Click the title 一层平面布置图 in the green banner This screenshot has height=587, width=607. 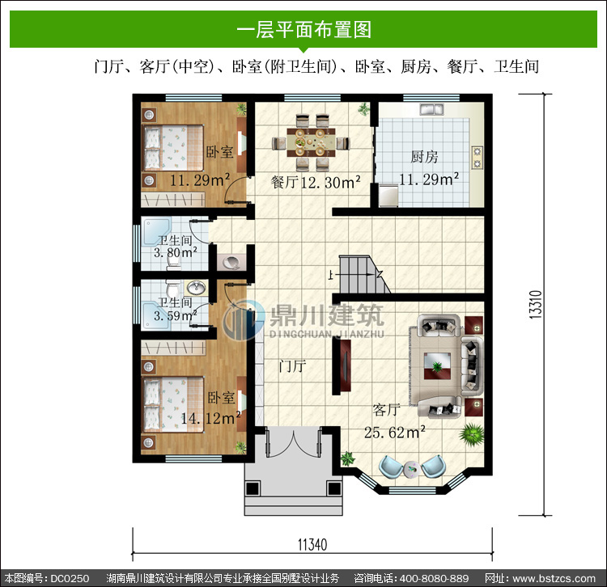(304, 30)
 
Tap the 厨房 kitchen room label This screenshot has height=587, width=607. (424, 157)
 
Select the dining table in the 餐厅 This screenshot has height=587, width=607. (311, 142)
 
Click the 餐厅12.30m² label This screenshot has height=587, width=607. (316, 182)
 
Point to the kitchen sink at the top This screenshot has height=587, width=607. (431, 109)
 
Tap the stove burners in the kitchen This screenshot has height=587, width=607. (477, 157)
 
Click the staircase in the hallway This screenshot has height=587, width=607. (364, 274)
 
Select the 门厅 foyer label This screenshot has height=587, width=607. (292, 365)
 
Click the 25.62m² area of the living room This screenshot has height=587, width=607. (394, 432)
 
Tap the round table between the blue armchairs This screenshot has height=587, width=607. (411, 469)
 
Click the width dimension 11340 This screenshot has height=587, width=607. (312, 544)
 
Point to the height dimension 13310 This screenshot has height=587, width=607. (536, 305)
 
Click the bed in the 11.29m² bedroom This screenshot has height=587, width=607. (173, 148)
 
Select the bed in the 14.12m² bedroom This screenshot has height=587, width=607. (173, 404)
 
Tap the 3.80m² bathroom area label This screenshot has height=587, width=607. (176, 253)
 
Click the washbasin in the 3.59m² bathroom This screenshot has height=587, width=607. (197, 287)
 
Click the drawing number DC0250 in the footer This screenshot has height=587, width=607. (70, 578)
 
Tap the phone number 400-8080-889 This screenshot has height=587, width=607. (434, 578)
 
